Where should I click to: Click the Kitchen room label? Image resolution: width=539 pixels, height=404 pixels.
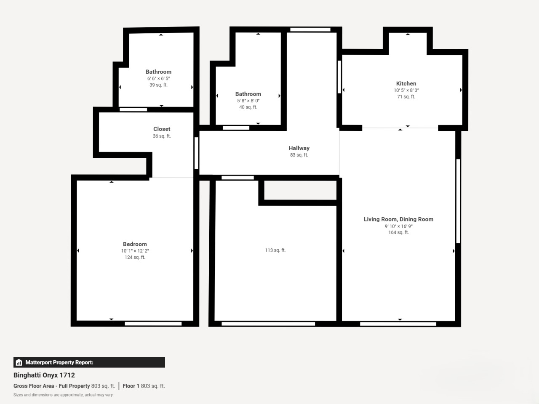tap(406, 84)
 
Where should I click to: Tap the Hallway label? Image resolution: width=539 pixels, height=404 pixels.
tap(299, 148)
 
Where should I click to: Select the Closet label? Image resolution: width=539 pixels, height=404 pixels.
tap(162, 129)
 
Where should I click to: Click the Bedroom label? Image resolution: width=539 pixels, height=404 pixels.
tap(135, 244)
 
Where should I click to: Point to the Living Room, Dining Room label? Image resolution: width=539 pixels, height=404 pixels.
tap(398, 219)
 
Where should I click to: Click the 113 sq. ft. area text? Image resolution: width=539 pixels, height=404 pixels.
tap(275, 250)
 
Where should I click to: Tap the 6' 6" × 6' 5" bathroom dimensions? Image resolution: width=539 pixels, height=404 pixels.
tap(158, 79)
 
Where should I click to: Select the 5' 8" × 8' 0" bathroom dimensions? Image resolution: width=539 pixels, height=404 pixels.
tap(248, 101)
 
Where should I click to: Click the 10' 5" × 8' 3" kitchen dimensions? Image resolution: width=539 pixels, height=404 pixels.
tap(406, 90)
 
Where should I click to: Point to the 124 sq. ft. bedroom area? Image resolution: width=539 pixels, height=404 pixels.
tap(135, 257)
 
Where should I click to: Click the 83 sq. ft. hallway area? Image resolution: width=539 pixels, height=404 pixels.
tap(299, 155)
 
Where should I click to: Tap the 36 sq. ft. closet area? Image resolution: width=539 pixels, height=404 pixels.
tap(162, 136)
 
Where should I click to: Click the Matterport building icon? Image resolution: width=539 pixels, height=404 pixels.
tap(19, 362)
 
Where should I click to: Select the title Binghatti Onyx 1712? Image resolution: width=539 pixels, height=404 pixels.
tap(44, 375)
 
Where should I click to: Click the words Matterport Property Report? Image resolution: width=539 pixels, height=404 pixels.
tap(59, 362)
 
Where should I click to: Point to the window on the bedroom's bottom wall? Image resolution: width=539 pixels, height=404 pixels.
tap(153, 324)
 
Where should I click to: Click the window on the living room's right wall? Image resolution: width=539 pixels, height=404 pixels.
tap(458, 201)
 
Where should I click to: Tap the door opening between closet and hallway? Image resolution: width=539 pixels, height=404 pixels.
tap(196, 153)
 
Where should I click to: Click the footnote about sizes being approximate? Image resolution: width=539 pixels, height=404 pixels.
tap(63, 395)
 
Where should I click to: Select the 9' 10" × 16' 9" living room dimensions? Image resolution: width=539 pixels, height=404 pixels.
tap(398, 226)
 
